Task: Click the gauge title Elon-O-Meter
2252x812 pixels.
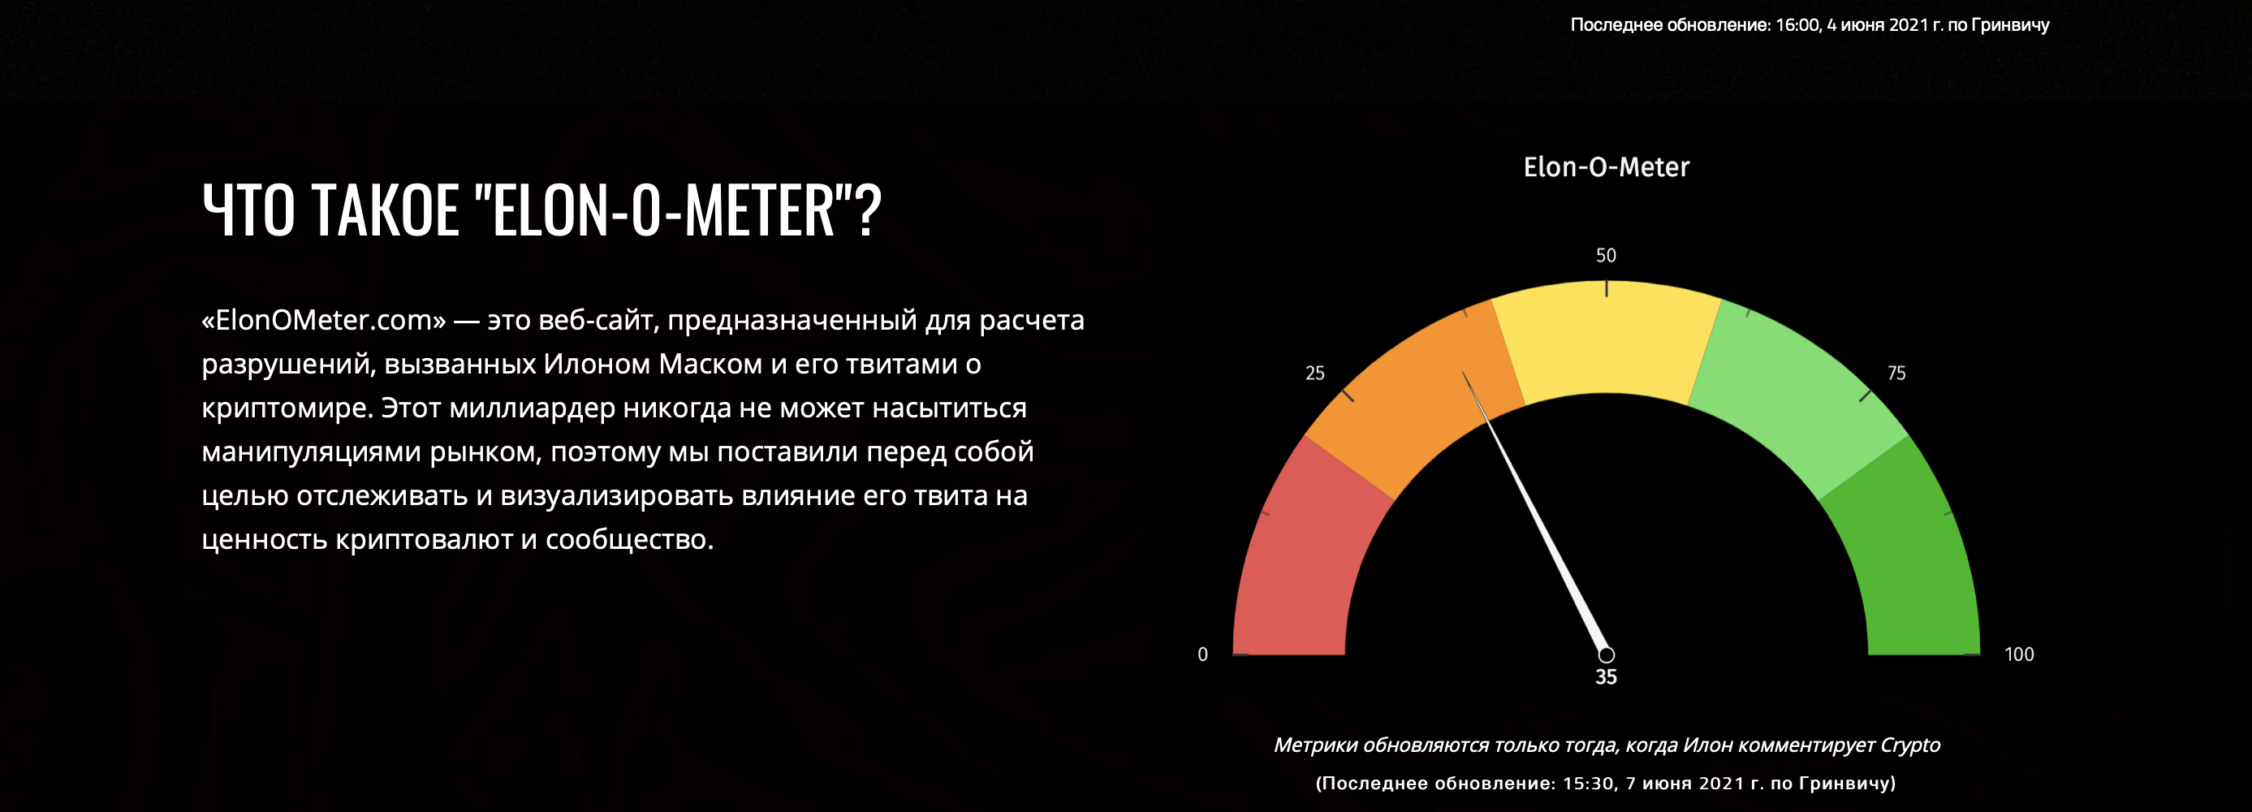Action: coord(1606,167)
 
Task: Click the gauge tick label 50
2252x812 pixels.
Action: coord(1606,255)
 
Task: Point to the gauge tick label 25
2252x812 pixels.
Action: coord(1315,374)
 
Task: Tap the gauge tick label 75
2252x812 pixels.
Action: coord(1896,374)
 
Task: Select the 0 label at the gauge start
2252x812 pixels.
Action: coord(1203,654)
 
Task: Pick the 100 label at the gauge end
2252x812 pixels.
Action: coord(2018,654)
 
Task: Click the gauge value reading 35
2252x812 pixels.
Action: coord(1606,676)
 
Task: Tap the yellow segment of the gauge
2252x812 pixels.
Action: coord(1606,336)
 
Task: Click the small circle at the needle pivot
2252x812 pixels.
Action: coord(1606,654)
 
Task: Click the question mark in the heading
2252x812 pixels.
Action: coord(868,210)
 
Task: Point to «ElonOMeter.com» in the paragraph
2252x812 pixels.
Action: coord(323,320)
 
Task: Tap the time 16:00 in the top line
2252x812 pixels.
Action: coord(1797,24)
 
